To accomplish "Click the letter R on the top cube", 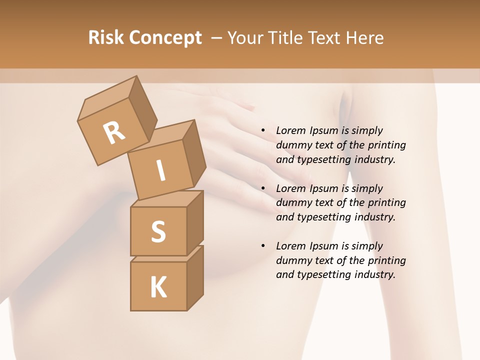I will pos(114,133).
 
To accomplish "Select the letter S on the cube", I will pos(158,232).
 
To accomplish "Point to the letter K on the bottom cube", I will pos(158,287).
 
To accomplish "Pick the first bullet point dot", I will pos(263,130).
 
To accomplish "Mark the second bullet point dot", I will pos(263,188).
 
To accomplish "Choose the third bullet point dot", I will pos(263,246).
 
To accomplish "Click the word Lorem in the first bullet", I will pos(289,130).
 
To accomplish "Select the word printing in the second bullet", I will pos(386,202).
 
